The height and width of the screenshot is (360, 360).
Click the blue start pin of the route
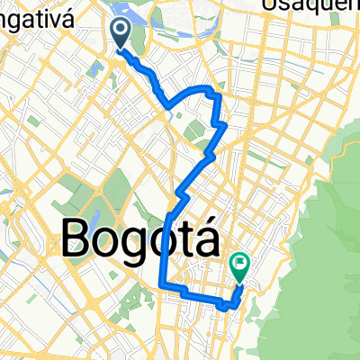pos(121,34)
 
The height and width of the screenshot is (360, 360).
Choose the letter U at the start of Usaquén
pos(267,4)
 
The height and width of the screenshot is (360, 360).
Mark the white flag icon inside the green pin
pos(241,264)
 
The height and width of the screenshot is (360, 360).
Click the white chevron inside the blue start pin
pos(121,31)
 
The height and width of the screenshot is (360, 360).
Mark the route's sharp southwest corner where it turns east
pos(161,287)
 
